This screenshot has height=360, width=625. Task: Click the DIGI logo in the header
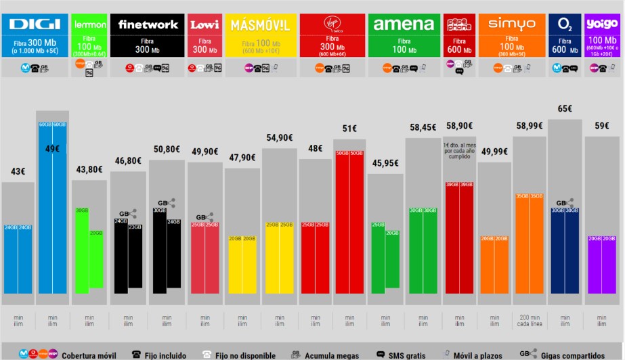(x=35, y=25)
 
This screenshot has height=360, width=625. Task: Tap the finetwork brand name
(x=148, y=25)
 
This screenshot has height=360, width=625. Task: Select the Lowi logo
(x=204, y=25)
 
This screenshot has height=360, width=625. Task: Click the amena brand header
(x=404, y=25)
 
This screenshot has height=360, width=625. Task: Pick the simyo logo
(x=511, y=24)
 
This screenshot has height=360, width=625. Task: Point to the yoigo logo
(x=601, y=24)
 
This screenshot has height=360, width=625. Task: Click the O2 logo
(x=565, y=25)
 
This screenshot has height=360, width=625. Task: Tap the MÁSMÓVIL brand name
(x=261, y=26)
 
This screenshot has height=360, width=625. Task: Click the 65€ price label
(x=565, y=108)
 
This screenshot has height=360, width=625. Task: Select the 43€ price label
(x=18, y=172)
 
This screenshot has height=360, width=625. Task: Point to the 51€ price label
(x=349, y=128)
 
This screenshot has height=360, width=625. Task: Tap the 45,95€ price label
(x=385, y=163)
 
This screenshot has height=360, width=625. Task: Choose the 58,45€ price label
(x=423, y=127)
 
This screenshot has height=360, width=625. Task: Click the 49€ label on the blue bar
(x=52, y=149)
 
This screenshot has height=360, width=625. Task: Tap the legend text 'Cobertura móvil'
(x=89, y=355)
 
